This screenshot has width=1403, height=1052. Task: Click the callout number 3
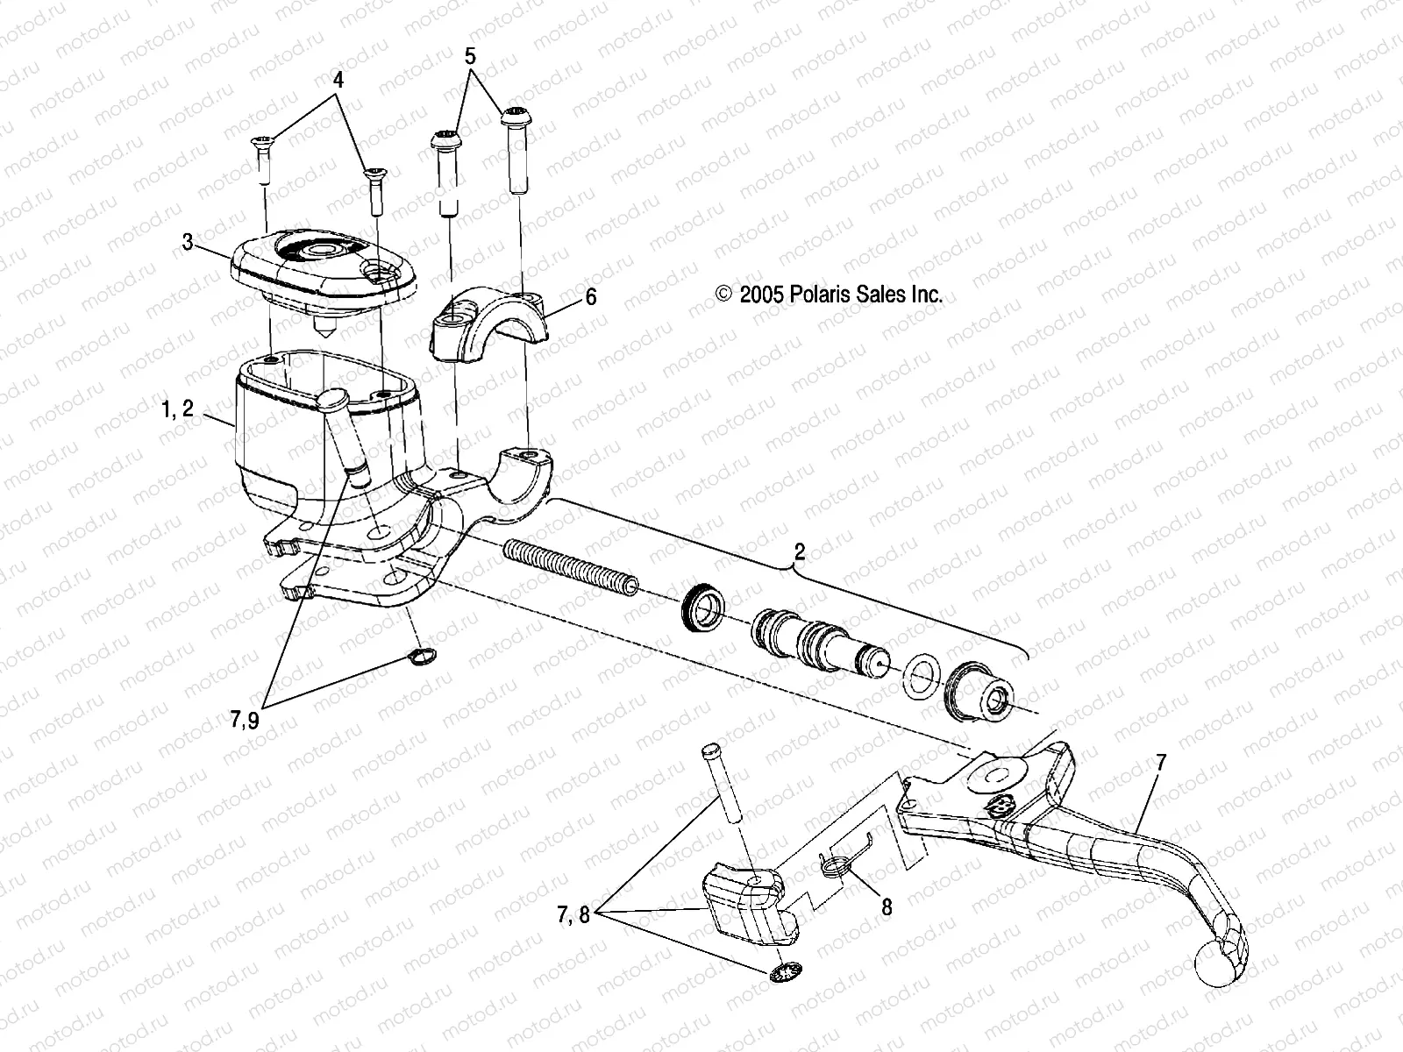[x=188, y=242]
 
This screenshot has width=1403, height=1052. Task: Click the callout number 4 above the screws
[x=338, y=79]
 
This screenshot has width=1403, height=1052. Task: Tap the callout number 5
[x=471, y=56]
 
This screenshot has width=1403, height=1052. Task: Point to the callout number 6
[x=590, y=297]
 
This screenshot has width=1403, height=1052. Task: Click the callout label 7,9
[x=246, y=721]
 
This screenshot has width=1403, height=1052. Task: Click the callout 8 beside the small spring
[x=887, y=906]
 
